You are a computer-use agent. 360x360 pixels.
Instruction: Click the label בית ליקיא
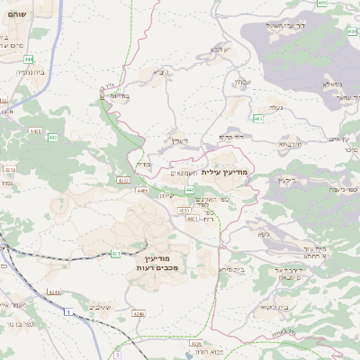tap(275, 307)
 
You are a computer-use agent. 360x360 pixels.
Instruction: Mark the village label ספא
tap(264, 233)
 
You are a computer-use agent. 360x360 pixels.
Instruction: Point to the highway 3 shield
tap(117, 355)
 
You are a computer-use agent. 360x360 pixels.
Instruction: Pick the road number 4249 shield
tap(138, 313)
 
